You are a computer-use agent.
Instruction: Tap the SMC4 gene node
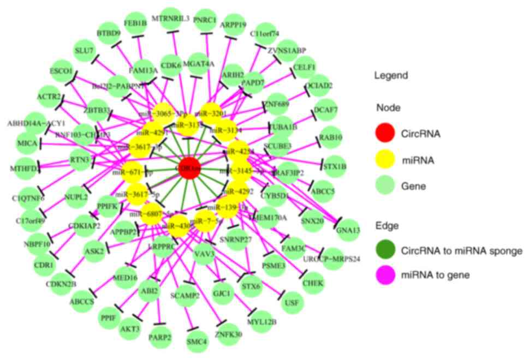click(x=197, y=342)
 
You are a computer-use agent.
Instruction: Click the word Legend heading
click(x=390, y=75)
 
